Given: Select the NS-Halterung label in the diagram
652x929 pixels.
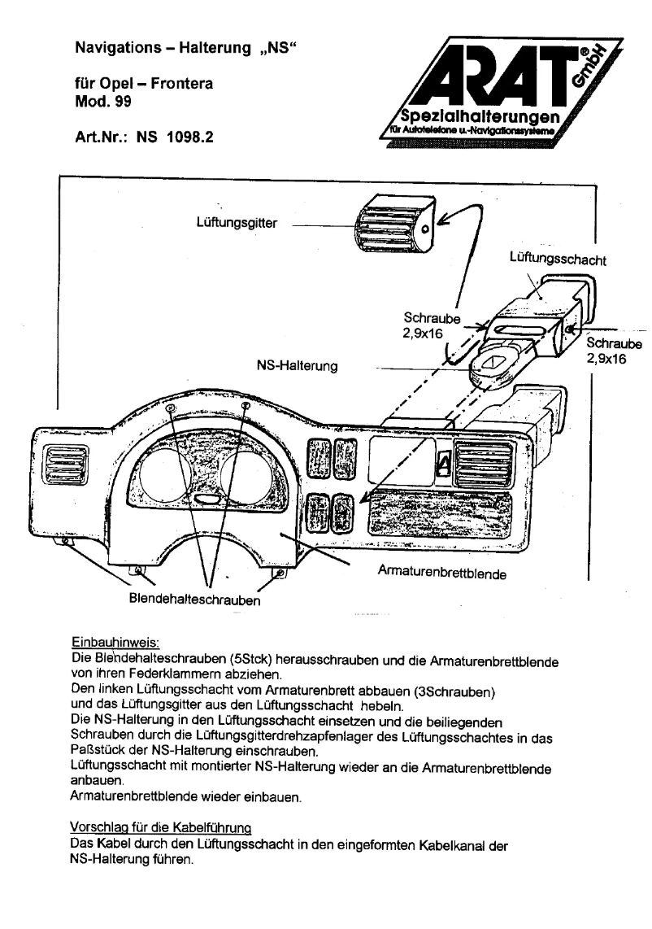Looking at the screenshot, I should click(x=294, y=367).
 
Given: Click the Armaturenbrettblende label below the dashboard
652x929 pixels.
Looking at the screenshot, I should click(x=442, y=574).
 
